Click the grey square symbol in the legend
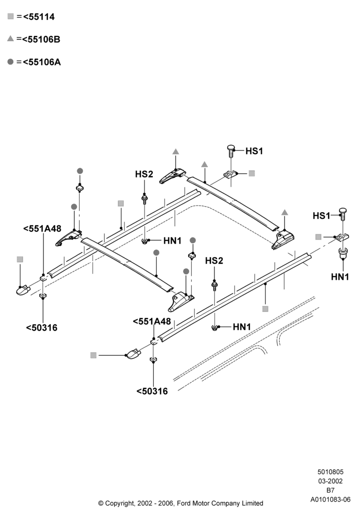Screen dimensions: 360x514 coord(10,16)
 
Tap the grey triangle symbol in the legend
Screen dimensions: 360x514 coord(10,39)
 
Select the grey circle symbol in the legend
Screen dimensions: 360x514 coord(10,62)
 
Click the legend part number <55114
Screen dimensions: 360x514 coord(39,17)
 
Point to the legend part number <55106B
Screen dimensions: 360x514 coord(41,40)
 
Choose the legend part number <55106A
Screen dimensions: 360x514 coord(42,62)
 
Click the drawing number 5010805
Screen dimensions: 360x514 coord(331,472)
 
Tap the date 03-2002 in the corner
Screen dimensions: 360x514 coord(331,481)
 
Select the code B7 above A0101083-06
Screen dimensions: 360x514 coord(331,490)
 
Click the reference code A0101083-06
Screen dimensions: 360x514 coord(331,500)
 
